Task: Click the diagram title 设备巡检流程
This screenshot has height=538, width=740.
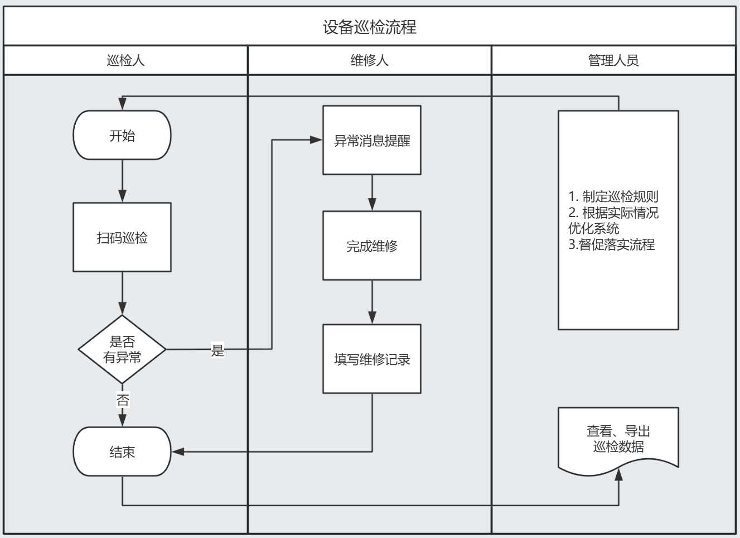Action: point(369,27)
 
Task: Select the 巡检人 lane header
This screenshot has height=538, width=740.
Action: point(125,60)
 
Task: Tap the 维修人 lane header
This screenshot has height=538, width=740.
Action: point(369,60)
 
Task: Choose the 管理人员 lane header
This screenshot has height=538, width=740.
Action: point(613,60)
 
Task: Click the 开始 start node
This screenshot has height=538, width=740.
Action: point(122,135)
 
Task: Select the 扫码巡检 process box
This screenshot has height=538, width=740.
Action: point(122,237)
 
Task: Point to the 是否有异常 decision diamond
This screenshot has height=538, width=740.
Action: point(122,349)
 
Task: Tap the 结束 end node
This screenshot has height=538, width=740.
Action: point(122,451)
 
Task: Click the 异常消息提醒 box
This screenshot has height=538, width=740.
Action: point(372,141)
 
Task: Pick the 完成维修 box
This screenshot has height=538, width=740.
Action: point(372,246)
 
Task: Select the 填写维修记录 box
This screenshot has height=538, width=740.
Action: point(372,359)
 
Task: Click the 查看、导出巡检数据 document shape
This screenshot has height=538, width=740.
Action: point(618,439)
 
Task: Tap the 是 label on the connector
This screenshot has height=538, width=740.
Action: point(217,350)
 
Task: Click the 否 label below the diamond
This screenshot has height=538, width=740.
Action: point(123,400)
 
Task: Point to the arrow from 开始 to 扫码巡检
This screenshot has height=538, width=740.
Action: point(122,181)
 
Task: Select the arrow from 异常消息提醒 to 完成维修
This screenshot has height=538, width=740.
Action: point(372,193)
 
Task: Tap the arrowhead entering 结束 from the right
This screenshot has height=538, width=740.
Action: point(178,451)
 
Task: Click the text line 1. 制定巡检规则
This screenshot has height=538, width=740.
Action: point(613,196)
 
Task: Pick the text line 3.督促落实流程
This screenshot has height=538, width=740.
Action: point(612,244)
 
